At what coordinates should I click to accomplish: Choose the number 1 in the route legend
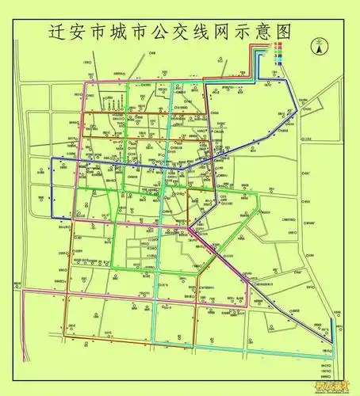point(275,63)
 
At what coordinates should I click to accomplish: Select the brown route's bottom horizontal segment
point(127,347)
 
